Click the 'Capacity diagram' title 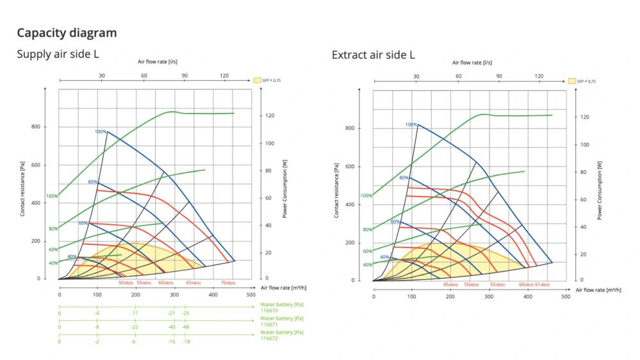(67, 33)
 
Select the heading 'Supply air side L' (58, 54)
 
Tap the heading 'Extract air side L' (373, 55)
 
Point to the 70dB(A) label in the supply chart (228, 282)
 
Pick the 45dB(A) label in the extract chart (450, 284)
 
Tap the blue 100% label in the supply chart (101, 132)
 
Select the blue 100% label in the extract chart (411, 125)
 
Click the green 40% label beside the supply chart (53, 263)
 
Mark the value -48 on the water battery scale (186, 327)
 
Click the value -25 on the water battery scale (186, 313)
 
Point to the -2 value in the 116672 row (97, 341)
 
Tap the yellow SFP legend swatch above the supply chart (257, 80)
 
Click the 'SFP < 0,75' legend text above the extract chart (586, 81)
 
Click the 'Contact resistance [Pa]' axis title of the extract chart (336, 190)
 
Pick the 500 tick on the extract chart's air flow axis (565, 297)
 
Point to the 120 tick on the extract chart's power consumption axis (584, 117)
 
